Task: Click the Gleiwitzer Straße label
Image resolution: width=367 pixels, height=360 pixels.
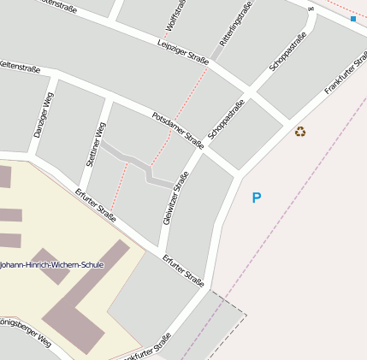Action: coord(175,198)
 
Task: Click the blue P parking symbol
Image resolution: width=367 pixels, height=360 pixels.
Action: coord(256,198)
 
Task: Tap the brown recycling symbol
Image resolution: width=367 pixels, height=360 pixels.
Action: coord(299,131)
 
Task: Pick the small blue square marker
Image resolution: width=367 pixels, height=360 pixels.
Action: coord(352,19)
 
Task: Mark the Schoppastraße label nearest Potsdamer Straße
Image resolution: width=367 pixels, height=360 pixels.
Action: coord(226,119)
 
